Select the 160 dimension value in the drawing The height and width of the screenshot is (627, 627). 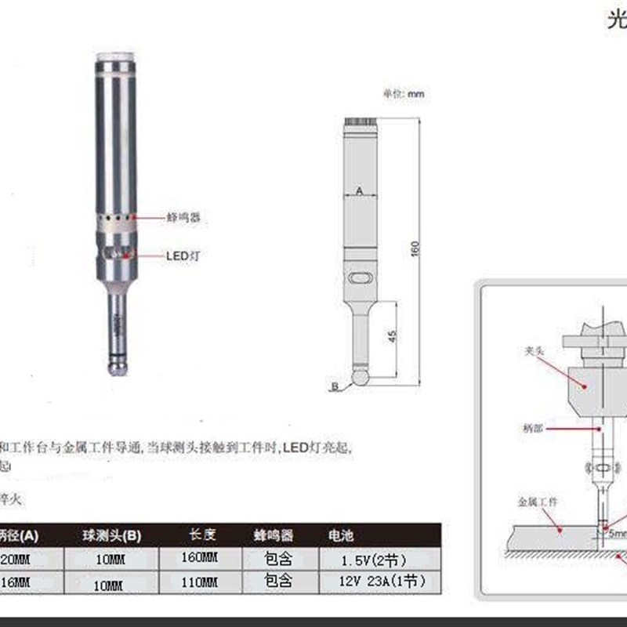click(416, 248)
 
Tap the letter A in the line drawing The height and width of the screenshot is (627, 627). click(360, 190)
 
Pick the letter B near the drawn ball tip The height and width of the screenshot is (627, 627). click(335, 386)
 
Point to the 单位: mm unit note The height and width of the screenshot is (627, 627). click(403, 93)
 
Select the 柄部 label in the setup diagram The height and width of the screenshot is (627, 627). click(531, 429)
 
